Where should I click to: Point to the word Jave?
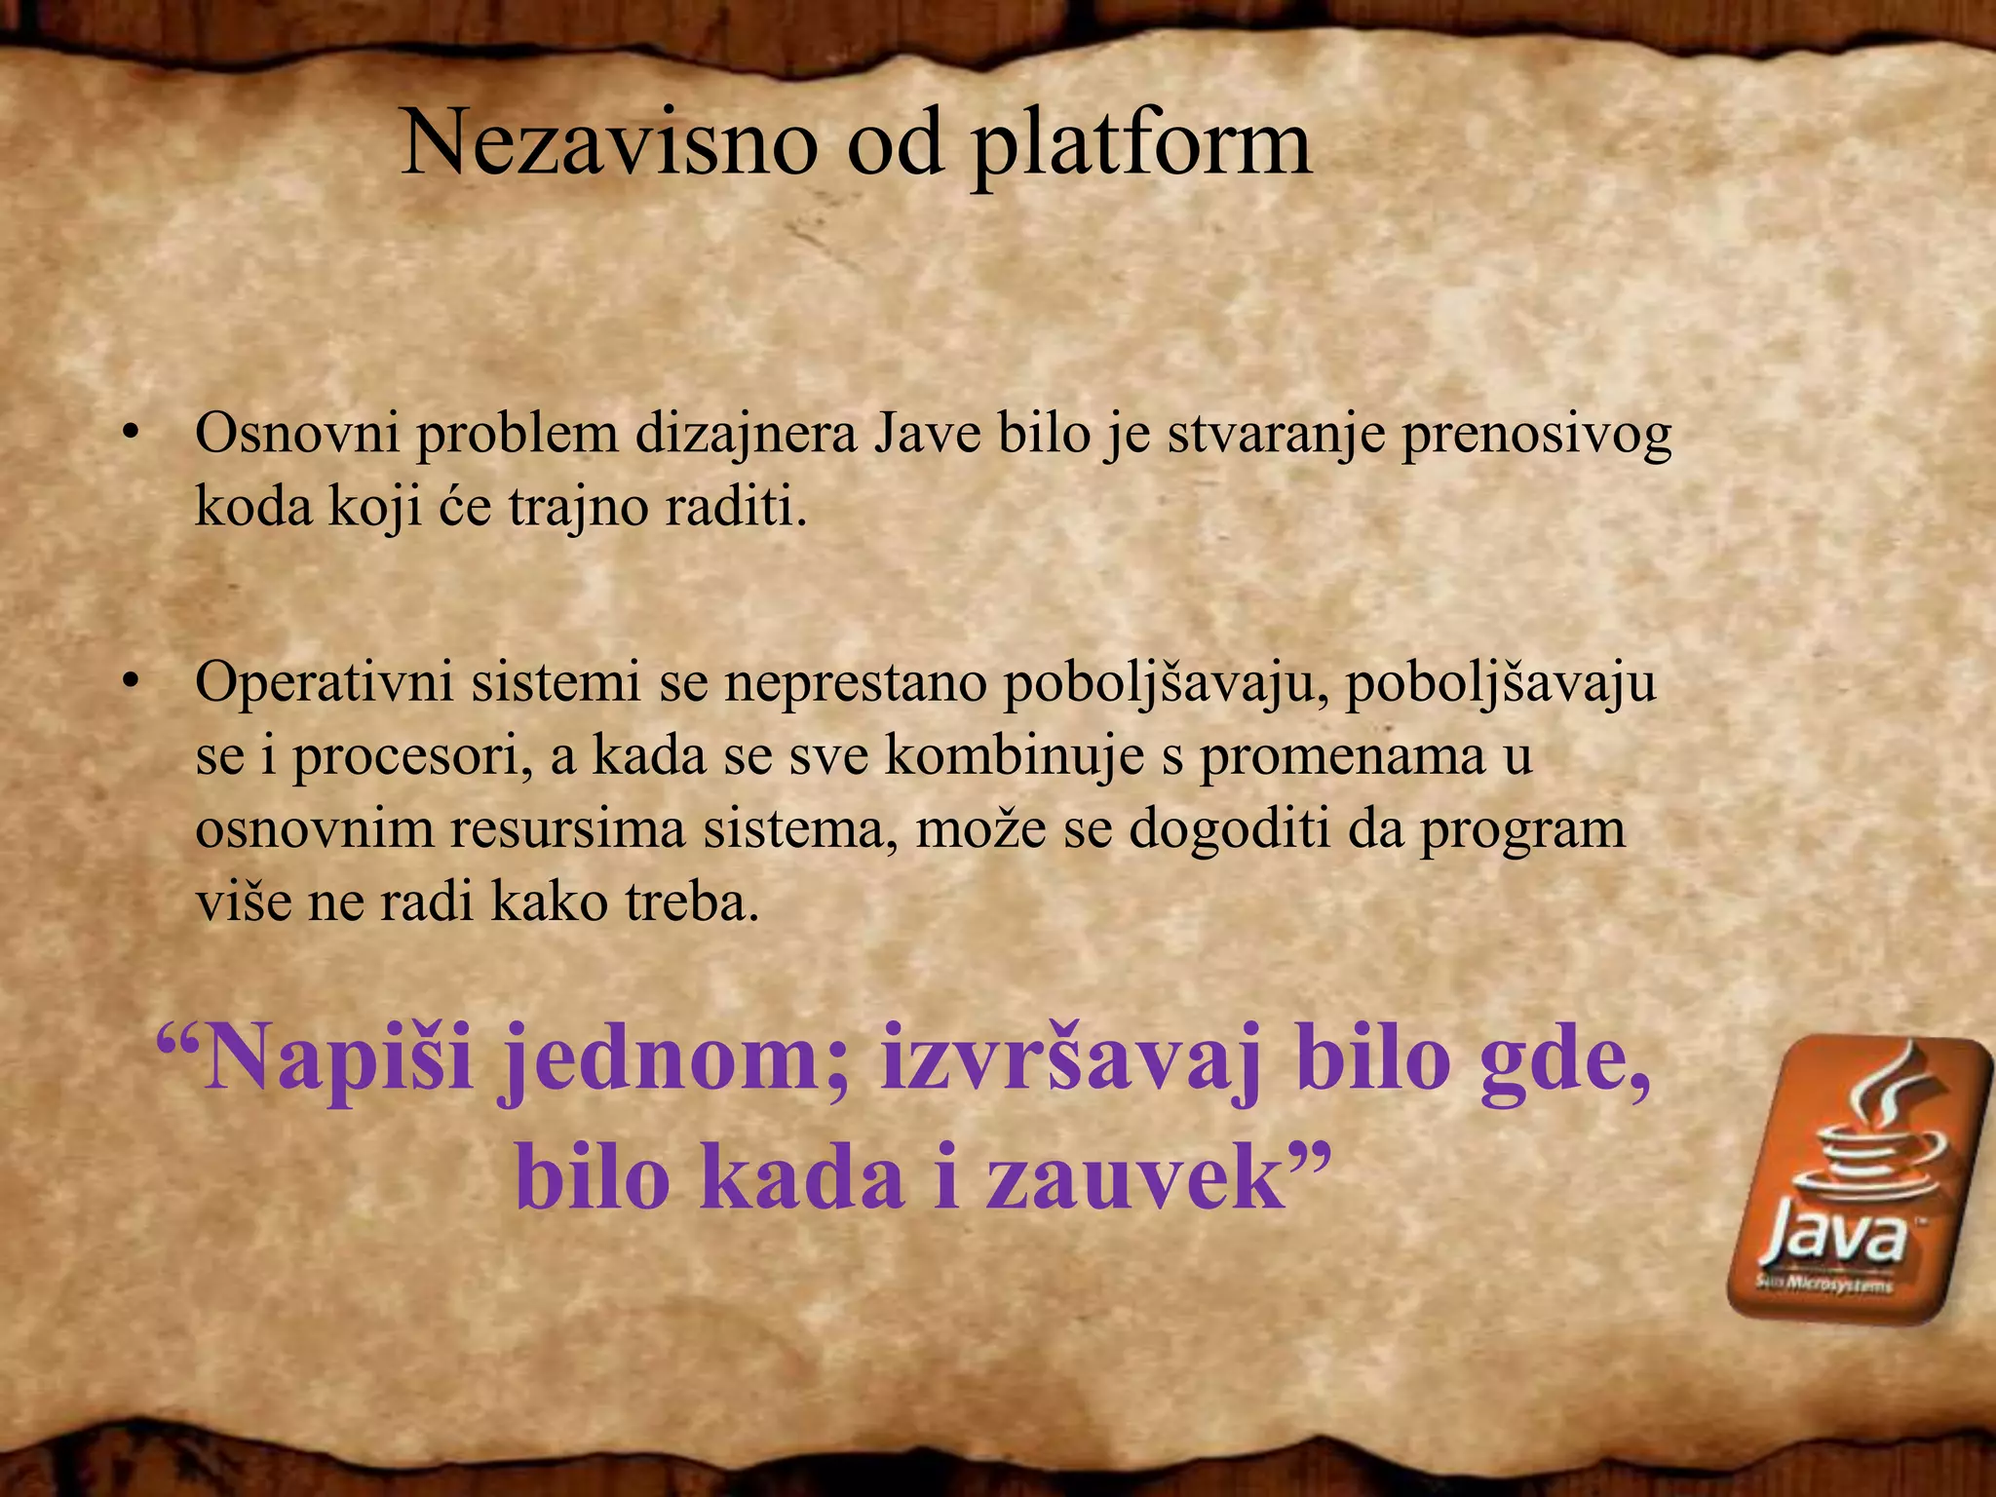point(926,435)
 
